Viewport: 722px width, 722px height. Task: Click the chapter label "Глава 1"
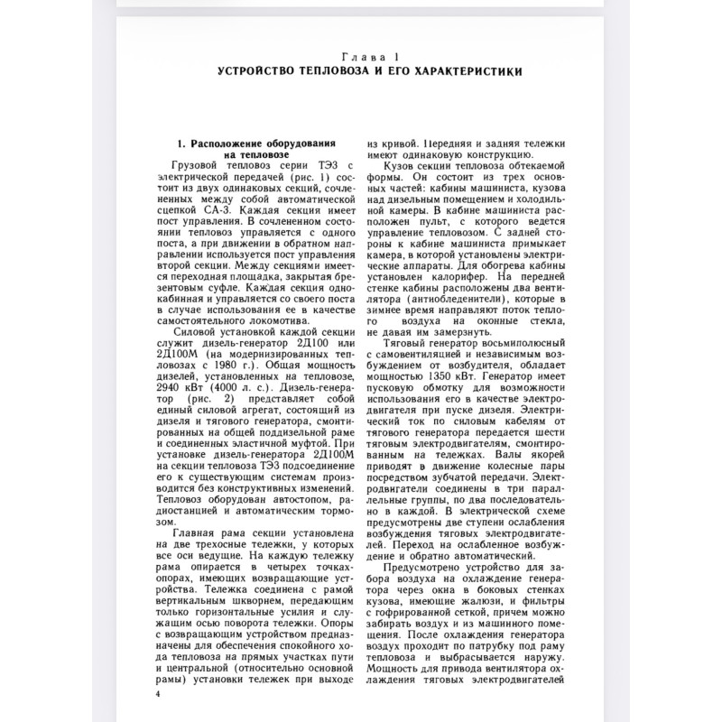coord(360,56)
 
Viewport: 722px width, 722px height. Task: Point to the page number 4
coord(158,694)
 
